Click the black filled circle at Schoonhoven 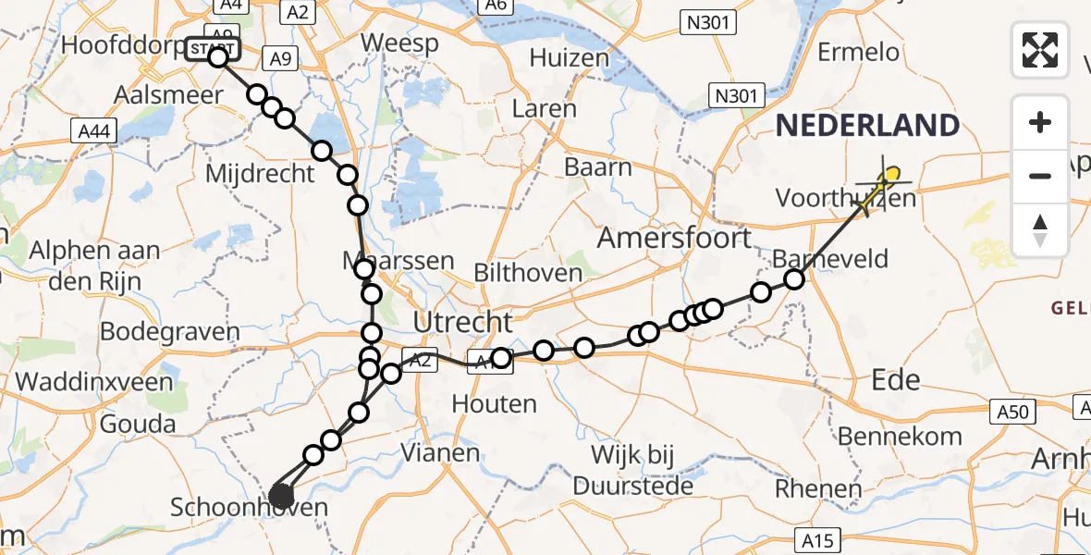pos(281,498)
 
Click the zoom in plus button pos(1040,123)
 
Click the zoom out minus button pos(1040,176)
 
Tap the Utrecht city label pos(462,323)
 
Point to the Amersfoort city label pos(674,239)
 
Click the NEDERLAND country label pos(867,126)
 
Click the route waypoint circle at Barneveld pos(794,279)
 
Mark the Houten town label pos(494,403)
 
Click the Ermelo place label pos(858,52)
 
